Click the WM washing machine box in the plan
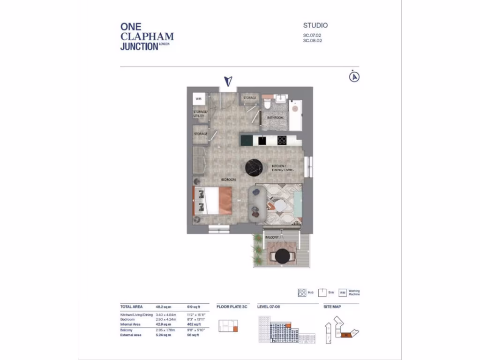click(199, 99)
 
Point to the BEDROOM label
click(229, 180)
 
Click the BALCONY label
click(272, 238)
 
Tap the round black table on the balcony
click(283, 256)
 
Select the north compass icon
click(354, 76)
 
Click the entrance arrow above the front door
click(228, 81)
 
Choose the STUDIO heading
click(315, 25)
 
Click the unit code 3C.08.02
click(313, 41)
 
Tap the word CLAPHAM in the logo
click(147, 37)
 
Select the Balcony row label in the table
click(127, 330)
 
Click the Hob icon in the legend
click(302, 292)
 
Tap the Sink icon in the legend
click(322, 292)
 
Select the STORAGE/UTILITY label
click(200, 114)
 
